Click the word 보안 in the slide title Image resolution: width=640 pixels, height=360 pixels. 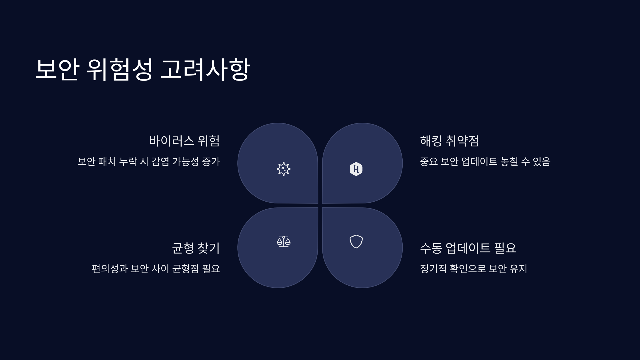point(57,69)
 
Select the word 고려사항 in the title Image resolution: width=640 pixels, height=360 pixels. point(205,69)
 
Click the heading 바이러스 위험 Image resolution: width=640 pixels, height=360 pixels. point(184,141)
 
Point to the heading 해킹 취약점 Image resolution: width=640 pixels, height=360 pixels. point(450,141)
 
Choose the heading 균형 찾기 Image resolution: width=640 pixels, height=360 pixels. point(196,248)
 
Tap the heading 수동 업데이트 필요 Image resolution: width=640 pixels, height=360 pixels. point(468,248)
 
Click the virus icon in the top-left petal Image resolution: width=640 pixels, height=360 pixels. point(283,169)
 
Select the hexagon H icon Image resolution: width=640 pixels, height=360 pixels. point(356,169)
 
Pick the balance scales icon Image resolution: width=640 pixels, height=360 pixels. point(283,242)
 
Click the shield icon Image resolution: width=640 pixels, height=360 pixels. point(356,242)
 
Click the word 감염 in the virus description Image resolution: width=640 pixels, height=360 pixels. point(160,162)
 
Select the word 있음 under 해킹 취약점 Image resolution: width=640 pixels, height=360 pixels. point(542,162)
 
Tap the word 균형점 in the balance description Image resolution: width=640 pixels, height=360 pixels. point(186,269)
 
